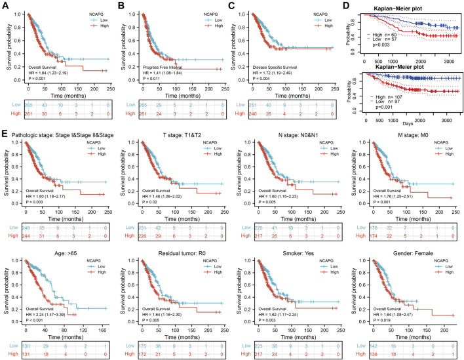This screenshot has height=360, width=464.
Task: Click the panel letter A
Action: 5,6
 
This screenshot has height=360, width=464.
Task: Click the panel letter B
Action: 121,6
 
